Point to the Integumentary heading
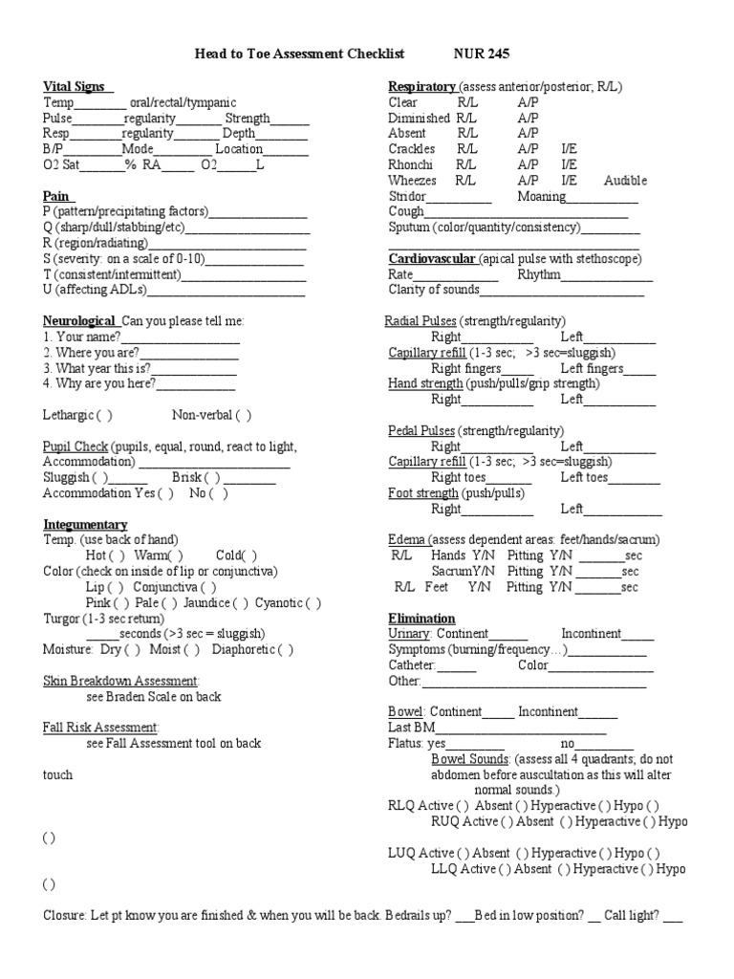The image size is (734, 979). click(85, 525)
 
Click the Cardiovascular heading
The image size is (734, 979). click(431, 259)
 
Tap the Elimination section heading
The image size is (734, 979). click(421, 619)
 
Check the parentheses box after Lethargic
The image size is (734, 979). click(103, 416)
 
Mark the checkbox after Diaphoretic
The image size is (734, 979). click(284, 649)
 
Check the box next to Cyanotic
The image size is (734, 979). click(313, 603)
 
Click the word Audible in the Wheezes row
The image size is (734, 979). click(626, 181)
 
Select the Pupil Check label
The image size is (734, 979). click(76, 447)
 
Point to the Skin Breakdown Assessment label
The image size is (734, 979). click(120, 681)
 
